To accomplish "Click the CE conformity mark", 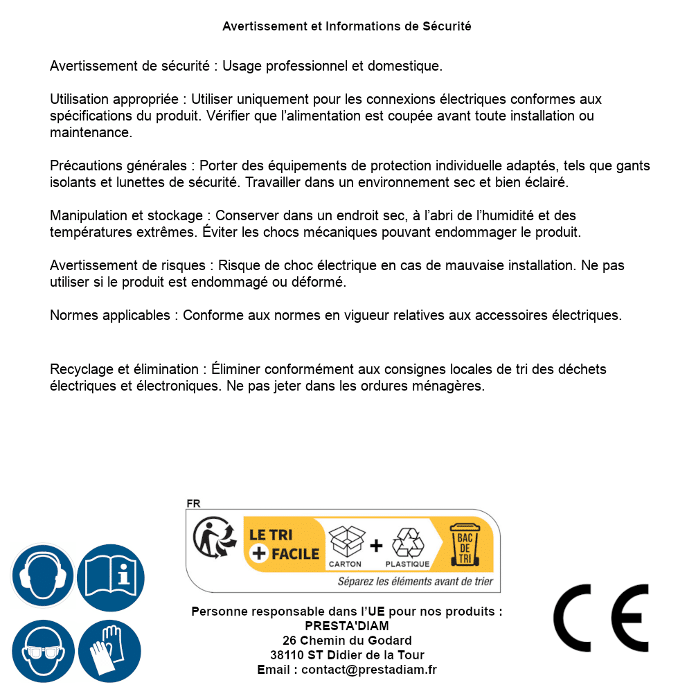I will [x=601, y=618].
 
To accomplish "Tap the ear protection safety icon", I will [x=42, y=575].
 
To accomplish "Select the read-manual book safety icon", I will [x=111, y=575].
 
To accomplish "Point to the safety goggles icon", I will [x=42, y=651].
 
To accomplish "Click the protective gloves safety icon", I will [x=109, y=651].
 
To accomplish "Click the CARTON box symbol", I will [x=346, y=543].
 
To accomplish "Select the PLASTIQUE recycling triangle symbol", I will [x=407, y=543].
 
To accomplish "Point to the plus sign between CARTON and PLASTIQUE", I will [x=376, y=545].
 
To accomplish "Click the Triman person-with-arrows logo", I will [x=212, y=539].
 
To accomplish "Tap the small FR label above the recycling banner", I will [x=193, y=503].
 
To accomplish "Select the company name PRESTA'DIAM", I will [x=347, y=626].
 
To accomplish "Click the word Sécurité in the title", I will [x=447, y=26].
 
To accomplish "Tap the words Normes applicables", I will [x=109, y=316].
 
